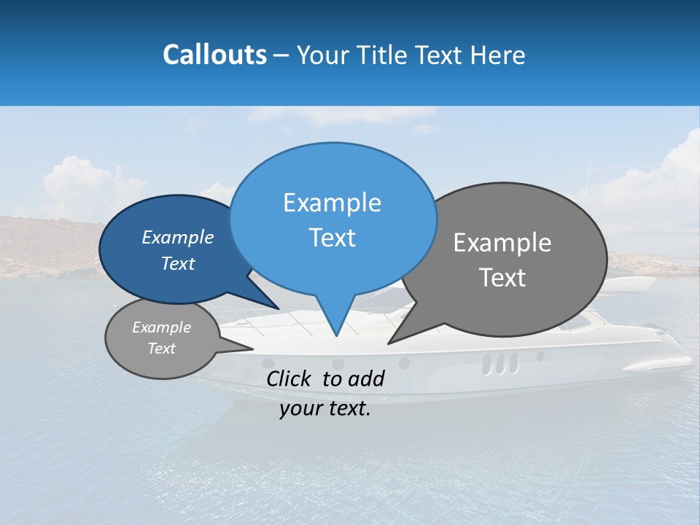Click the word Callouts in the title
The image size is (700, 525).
pos(214,55)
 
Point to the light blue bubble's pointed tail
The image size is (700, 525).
pos(335,321)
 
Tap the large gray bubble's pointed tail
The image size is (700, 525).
pos(405,332)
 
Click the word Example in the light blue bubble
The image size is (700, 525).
pos(332,203)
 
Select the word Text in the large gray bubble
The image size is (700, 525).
pos(502,278)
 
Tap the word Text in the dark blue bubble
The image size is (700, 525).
pos(178,264)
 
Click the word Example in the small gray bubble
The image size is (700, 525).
pos(161,327)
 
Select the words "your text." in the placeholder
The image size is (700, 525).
pos(325,409)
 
